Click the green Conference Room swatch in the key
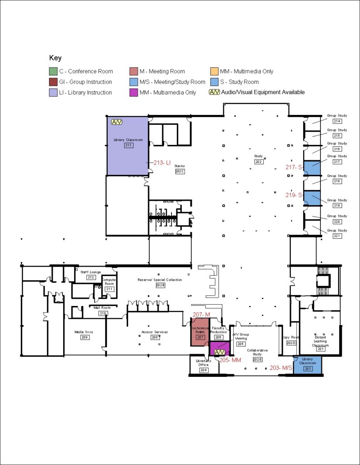[x=53, y=71]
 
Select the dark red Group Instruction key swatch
[x=53, y=82]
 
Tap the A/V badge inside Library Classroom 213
[x=117, y=122]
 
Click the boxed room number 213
[x=128, y=145]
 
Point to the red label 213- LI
[x=161, y=163]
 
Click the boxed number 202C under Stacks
[x=180, y=171]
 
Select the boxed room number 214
[x=337, y=121]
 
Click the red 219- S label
[x=294, y=195]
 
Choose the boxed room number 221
[x=337, y=236]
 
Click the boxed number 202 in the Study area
[x=259, y=162]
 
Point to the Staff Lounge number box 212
[x=91, y=277]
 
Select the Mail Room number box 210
[x=103, y=313]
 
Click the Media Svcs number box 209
[x=84, y=337]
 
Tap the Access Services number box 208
[x=155, y=337]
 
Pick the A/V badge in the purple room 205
[x=220, y=352]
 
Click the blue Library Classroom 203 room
[x=308, y=365]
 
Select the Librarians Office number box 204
[x=203, y=370]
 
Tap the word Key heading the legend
[x=55, y=58]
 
